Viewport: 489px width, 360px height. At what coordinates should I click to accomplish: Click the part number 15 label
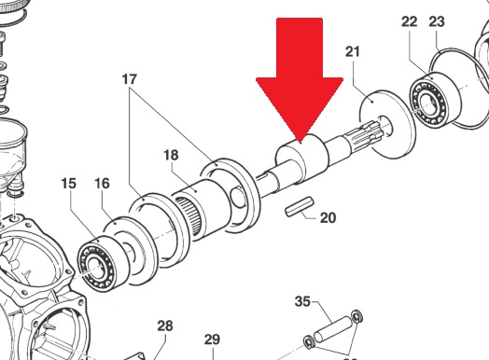pyautogui.click(x=69, y=184)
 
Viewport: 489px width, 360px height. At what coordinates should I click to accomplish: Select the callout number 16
pyautogui.click(x=102, y=184)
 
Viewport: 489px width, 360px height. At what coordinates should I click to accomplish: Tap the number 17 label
pyautogui.click(x=130, y=79)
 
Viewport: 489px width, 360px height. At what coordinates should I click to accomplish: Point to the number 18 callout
pyautogui.click(x=171, y=155)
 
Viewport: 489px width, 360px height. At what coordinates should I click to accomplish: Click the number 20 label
pyautogui.click(x=328, y=217)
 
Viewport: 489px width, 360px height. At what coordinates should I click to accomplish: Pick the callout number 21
pyautogui.click(x=353, y=51)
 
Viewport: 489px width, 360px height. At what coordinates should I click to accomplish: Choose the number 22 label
pyautogui.click(x=409, y=21)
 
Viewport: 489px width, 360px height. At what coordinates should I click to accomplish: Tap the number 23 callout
pyautogui.click(x=437, y=21)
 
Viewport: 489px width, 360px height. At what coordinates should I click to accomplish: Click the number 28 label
pyautogui.click(x=165, y=326)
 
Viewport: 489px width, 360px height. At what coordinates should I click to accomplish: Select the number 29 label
pyautogui.click(x=212, y=339)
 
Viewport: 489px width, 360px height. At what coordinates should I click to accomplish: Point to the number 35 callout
pyautogui.click(x=302, y=301)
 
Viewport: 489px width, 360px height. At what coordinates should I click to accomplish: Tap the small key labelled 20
pyautogui.click(x=299, y=206)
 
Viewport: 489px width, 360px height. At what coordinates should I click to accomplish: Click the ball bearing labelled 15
pyautogui.click(x=103, y=264)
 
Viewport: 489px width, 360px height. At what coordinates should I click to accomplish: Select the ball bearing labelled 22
pyautogui.click(x=435, y=99)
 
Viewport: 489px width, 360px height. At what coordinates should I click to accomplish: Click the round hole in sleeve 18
pyautogui.click(x=238, y=196)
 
